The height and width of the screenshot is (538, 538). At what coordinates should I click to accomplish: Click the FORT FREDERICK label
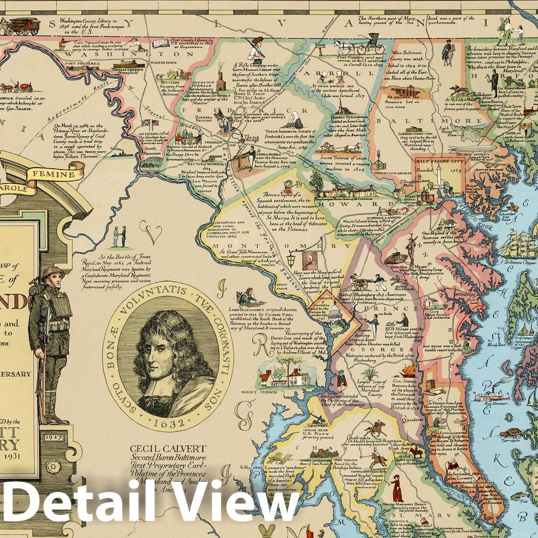(x=83, y=63)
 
